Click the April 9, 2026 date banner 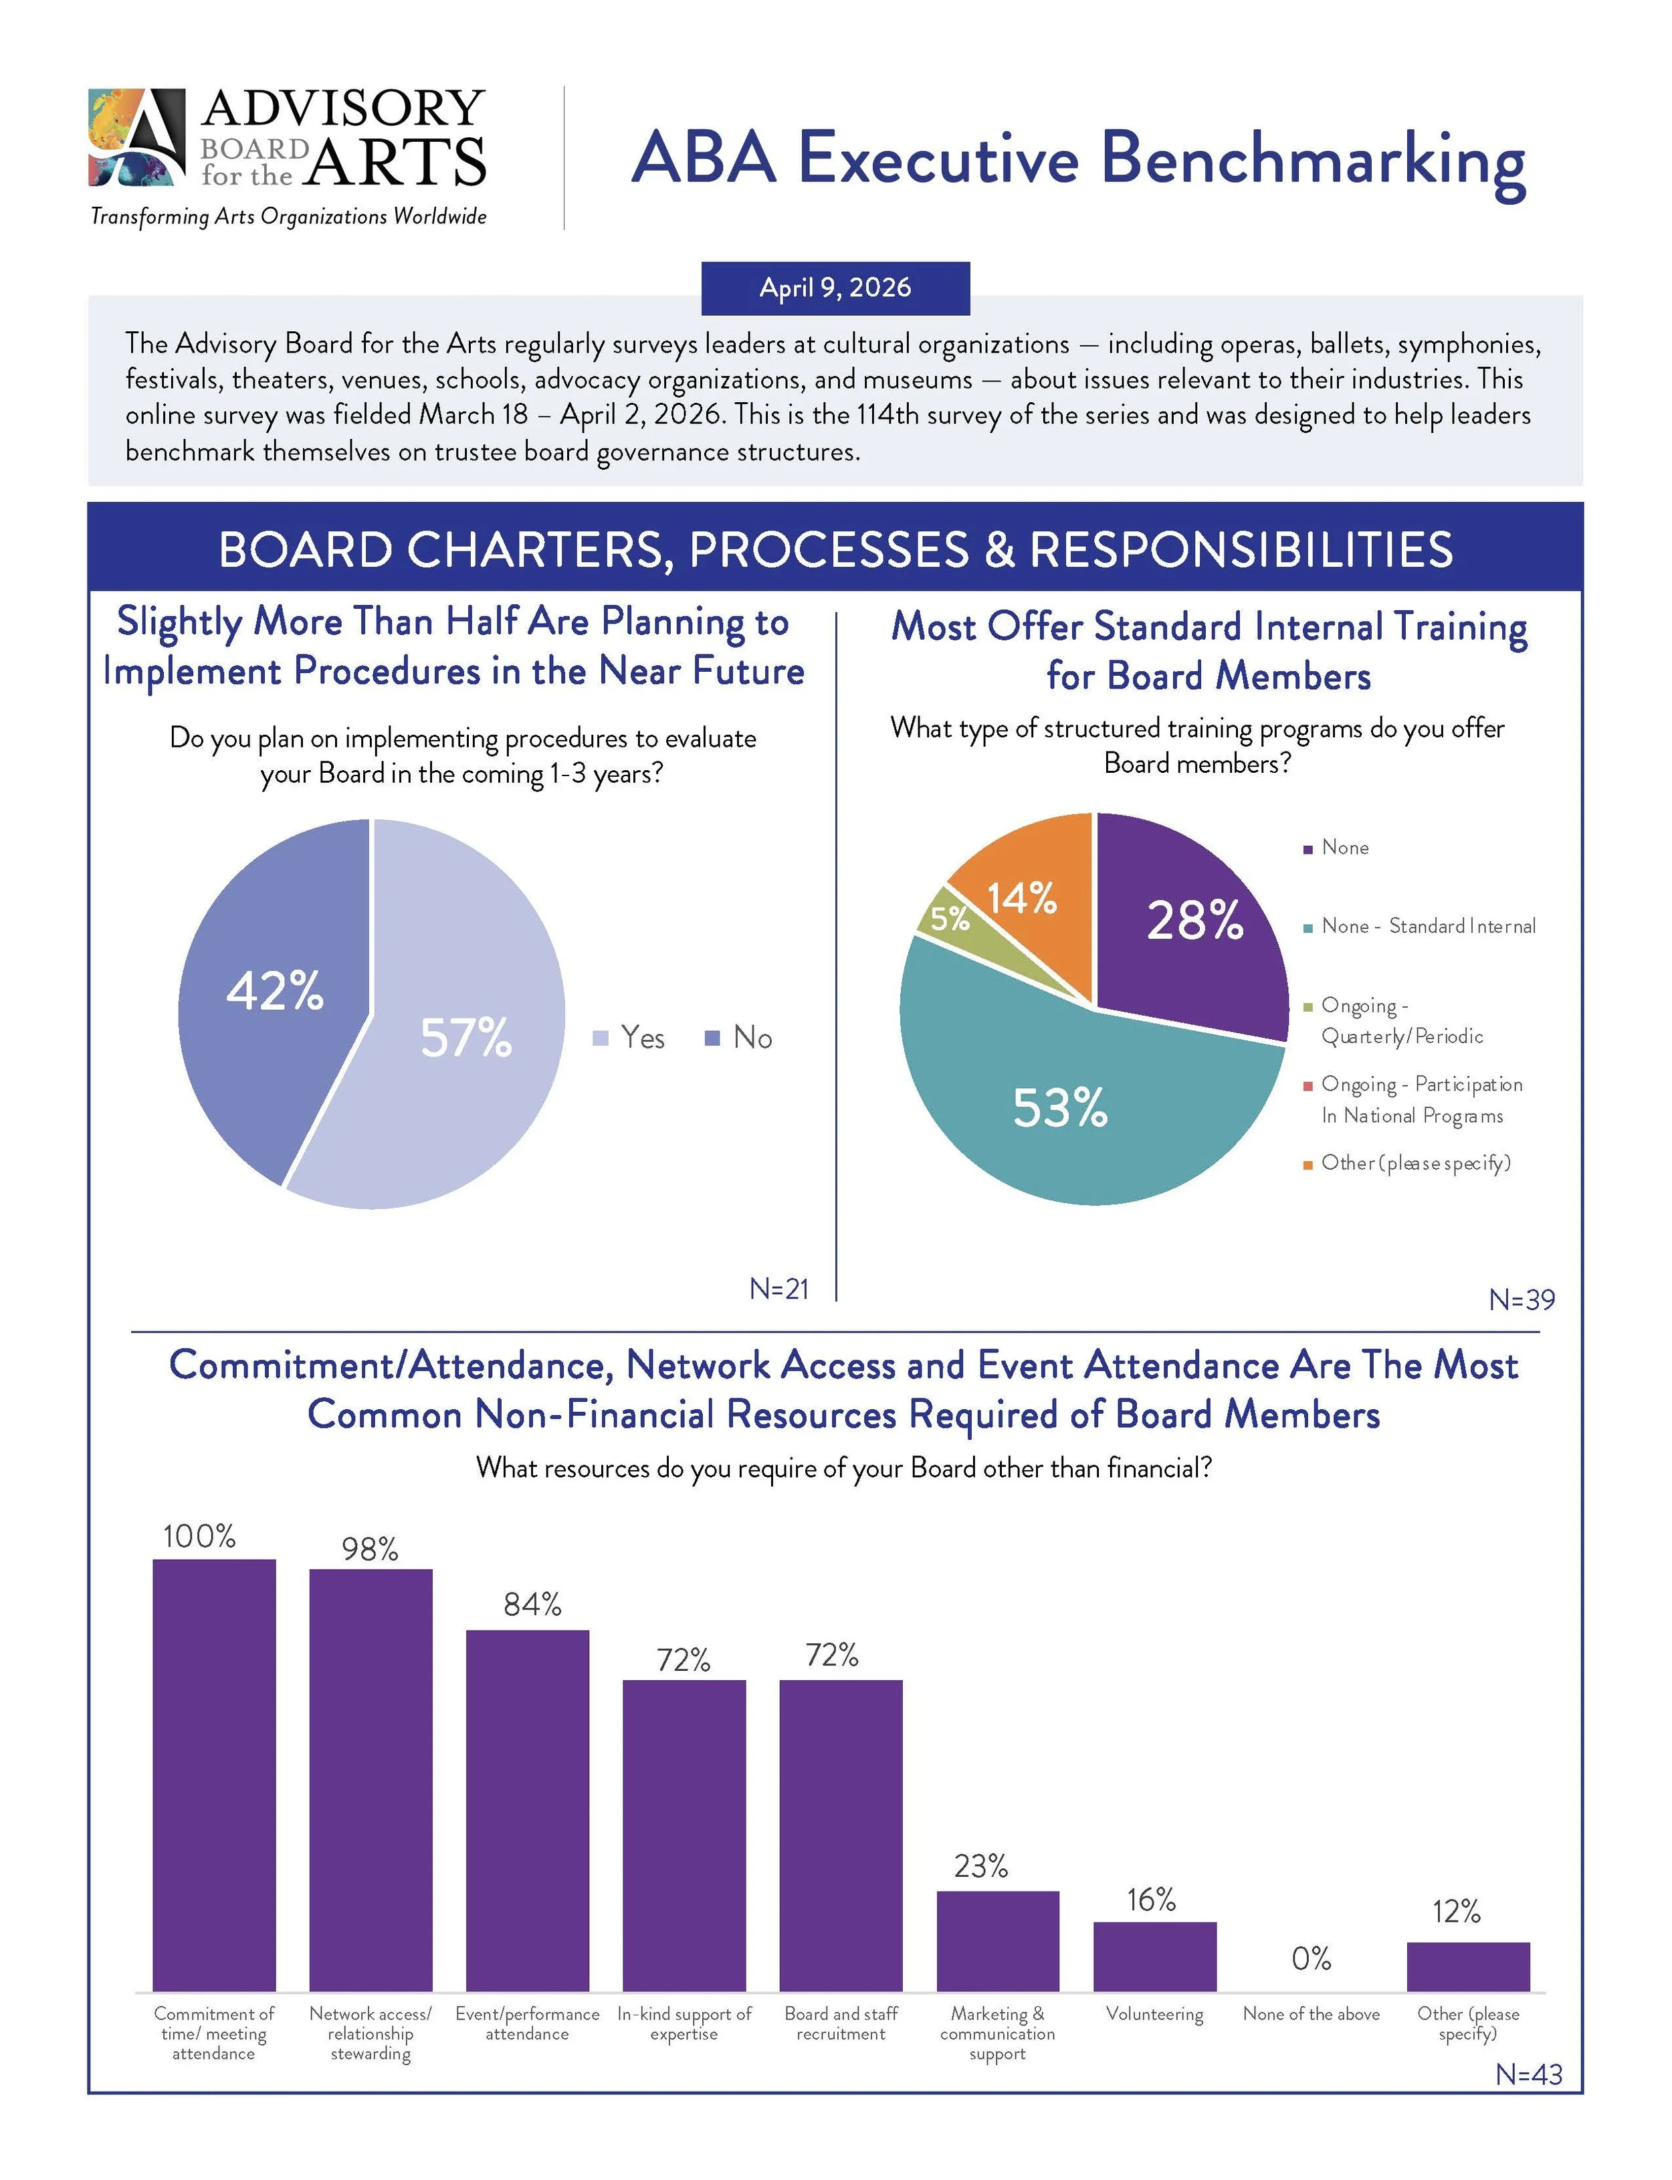click(835, 288)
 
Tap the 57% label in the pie click(465, 1037)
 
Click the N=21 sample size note click(778, 1289)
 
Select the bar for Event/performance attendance click(528, 1812)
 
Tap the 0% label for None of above click(1311, 1959)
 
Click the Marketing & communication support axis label click(997, 2033)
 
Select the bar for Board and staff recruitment click(841, 1837)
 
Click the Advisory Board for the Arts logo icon click(137, 137)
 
